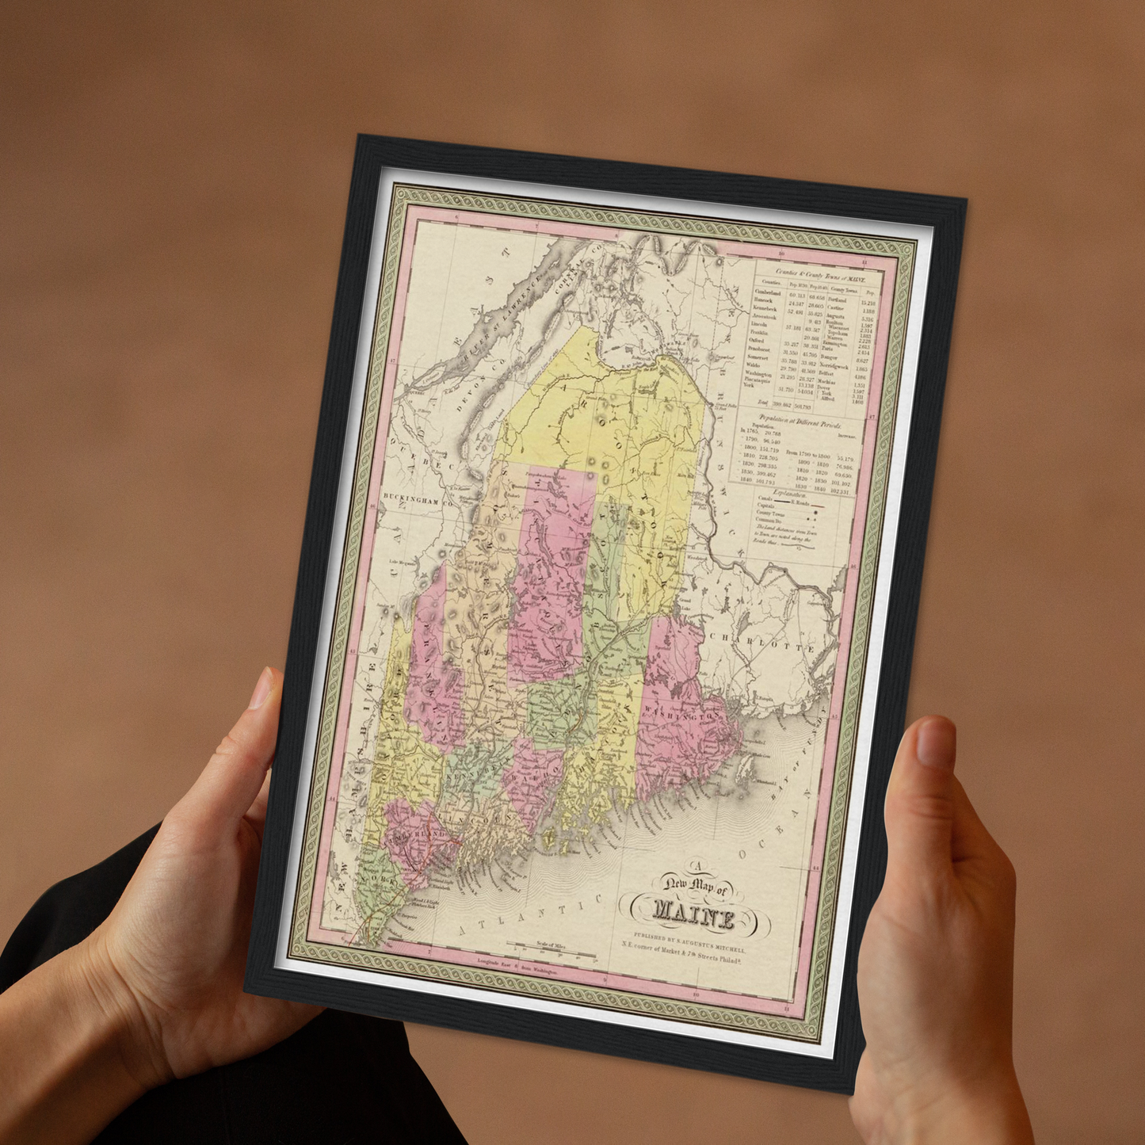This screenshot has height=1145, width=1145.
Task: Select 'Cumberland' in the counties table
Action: [767, 292]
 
